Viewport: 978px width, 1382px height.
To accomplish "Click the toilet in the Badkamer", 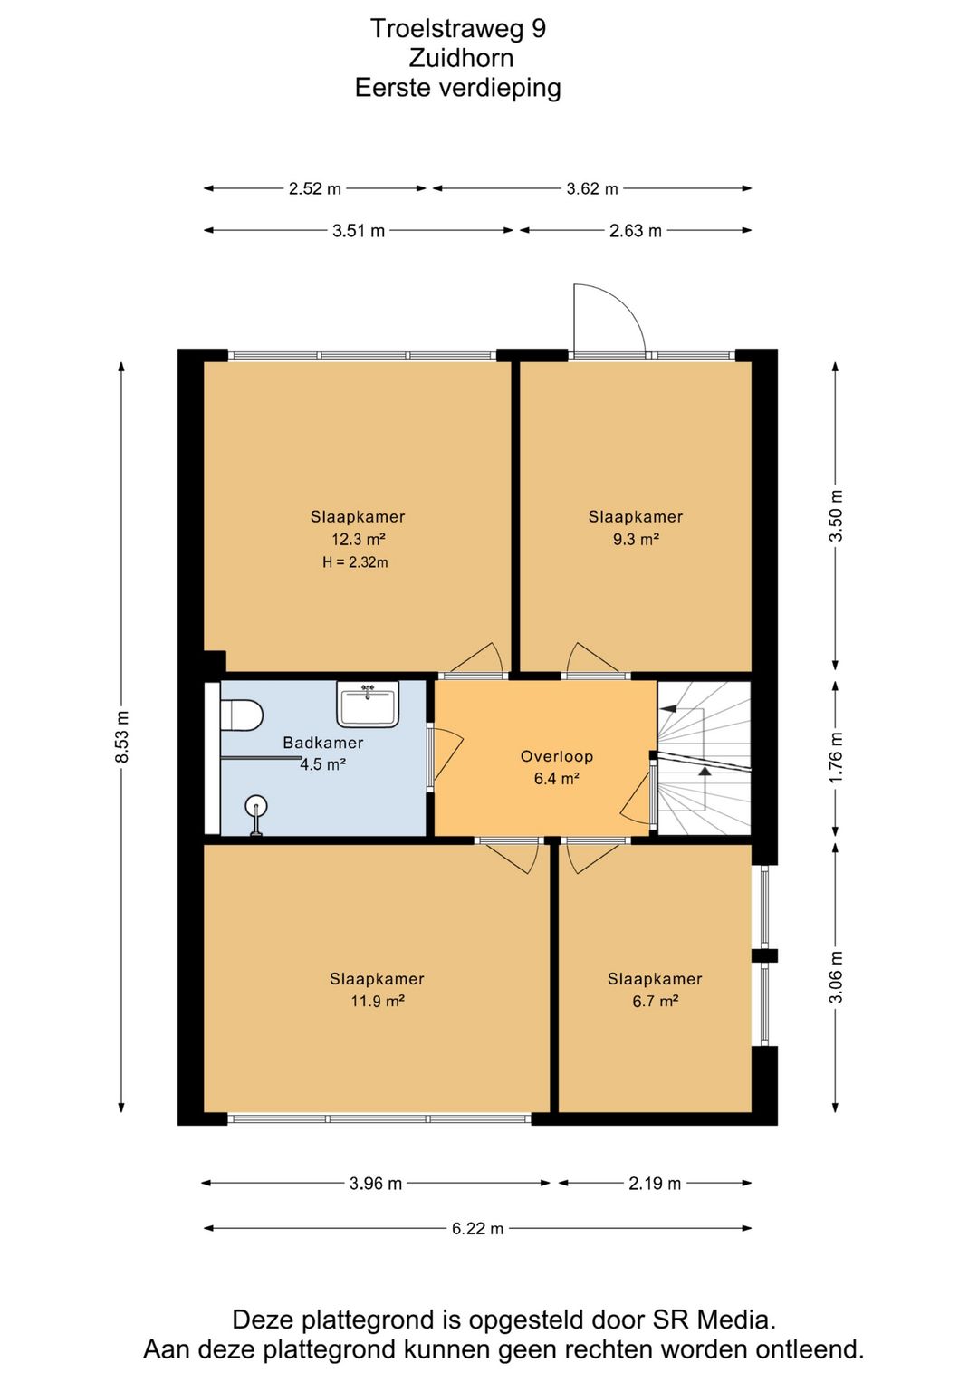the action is coord(242,715).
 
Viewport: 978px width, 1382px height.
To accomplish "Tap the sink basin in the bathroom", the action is coord(368,704).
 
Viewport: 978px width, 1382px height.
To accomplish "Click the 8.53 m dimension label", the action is coord(122,736).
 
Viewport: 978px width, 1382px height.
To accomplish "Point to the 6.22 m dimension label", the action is coord(477,1228).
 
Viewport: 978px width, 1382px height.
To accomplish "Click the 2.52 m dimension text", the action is coord(315,188).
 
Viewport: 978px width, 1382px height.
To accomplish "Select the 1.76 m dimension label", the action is coord(836,758).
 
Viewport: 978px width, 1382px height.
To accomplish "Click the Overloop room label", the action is coord(557,756).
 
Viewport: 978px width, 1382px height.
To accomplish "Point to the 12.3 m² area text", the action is coord(359,540).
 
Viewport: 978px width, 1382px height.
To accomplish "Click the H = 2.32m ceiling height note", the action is coord(355,562).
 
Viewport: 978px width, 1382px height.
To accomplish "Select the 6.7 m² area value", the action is coord(656,1002).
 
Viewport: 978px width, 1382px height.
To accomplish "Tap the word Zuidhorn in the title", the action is coord(461,58).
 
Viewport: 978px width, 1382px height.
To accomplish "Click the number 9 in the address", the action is coord(539,28).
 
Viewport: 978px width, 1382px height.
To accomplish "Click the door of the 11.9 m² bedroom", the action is coord(510,856).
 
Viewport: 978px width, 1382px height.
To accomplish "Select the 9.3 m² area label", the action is coord(637,540).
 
